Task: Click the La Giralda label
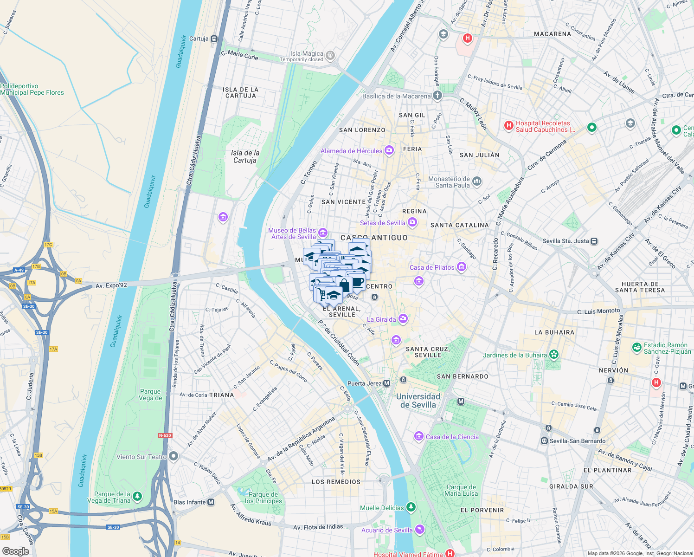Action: (381, 319)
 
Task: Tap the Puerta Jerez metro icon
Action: (387, 383)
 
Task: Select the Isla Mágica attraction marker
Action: (330, 55)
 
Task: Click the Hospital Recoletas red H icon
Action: (509, 125)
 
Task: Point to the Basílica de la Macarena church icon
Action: (437, 96)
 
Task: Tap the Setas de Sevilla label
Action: (382, 223)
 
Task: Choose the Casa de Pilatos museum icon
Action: (461, 267)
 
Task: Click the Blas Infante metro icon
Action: (211, 502)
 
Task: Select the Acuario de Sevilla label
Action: (387, 530)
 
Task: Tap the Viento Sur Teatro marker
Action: (173, 456)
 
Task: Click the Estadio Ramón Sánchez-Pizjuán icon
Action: (637, 347)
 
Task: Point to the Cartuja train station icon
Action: (214, 39)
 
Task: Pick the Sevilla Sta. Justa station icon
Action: (594, 241)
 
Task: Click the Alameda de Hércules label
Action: (351, 151)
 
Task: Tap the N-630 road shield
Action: (165, 435)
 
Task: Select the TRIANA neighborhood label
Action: (221, 395)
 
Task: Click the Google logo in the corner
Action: (15, 551)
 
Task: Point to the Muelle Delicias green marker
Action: (411, 507)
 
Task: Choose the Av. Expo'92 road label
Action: (111, 285)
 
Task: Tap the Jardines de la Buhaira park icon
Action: (553, 355)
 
